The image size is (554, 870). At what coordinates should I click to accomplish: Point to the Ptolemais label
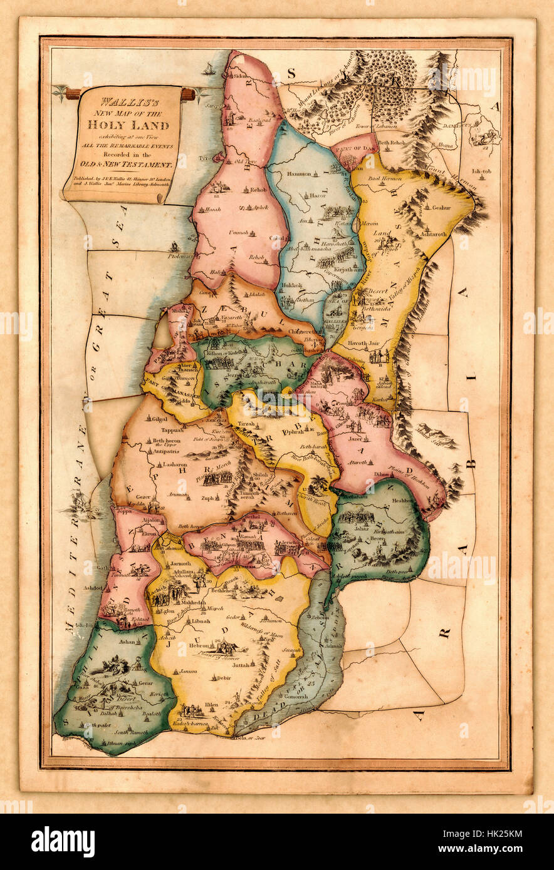tap(179, 257)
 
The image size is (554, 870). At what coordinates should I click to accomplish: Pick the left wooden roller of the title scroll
tap(72, 94)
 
